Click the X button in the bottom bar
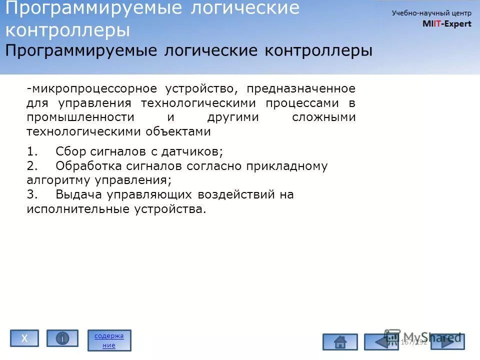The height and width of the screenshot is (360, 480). click(x=24, y=338)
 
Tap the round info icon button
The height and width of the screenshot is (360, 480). click(x=62, y=338)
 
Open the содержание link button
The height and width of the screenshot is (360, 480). click(x=109, y=340)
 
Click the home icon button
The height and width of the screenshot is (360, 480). click(x=340, y=342)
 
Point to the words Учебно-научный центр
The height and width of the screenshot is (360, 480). click(x=431, y=13)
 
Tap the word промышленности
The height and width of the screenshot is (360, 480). click(x=80, y=117)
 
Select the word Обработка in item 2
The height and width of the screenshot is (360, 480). click(x=87, y=166)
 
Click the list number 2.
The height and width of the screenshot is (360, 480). click(x=30, y=166)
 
